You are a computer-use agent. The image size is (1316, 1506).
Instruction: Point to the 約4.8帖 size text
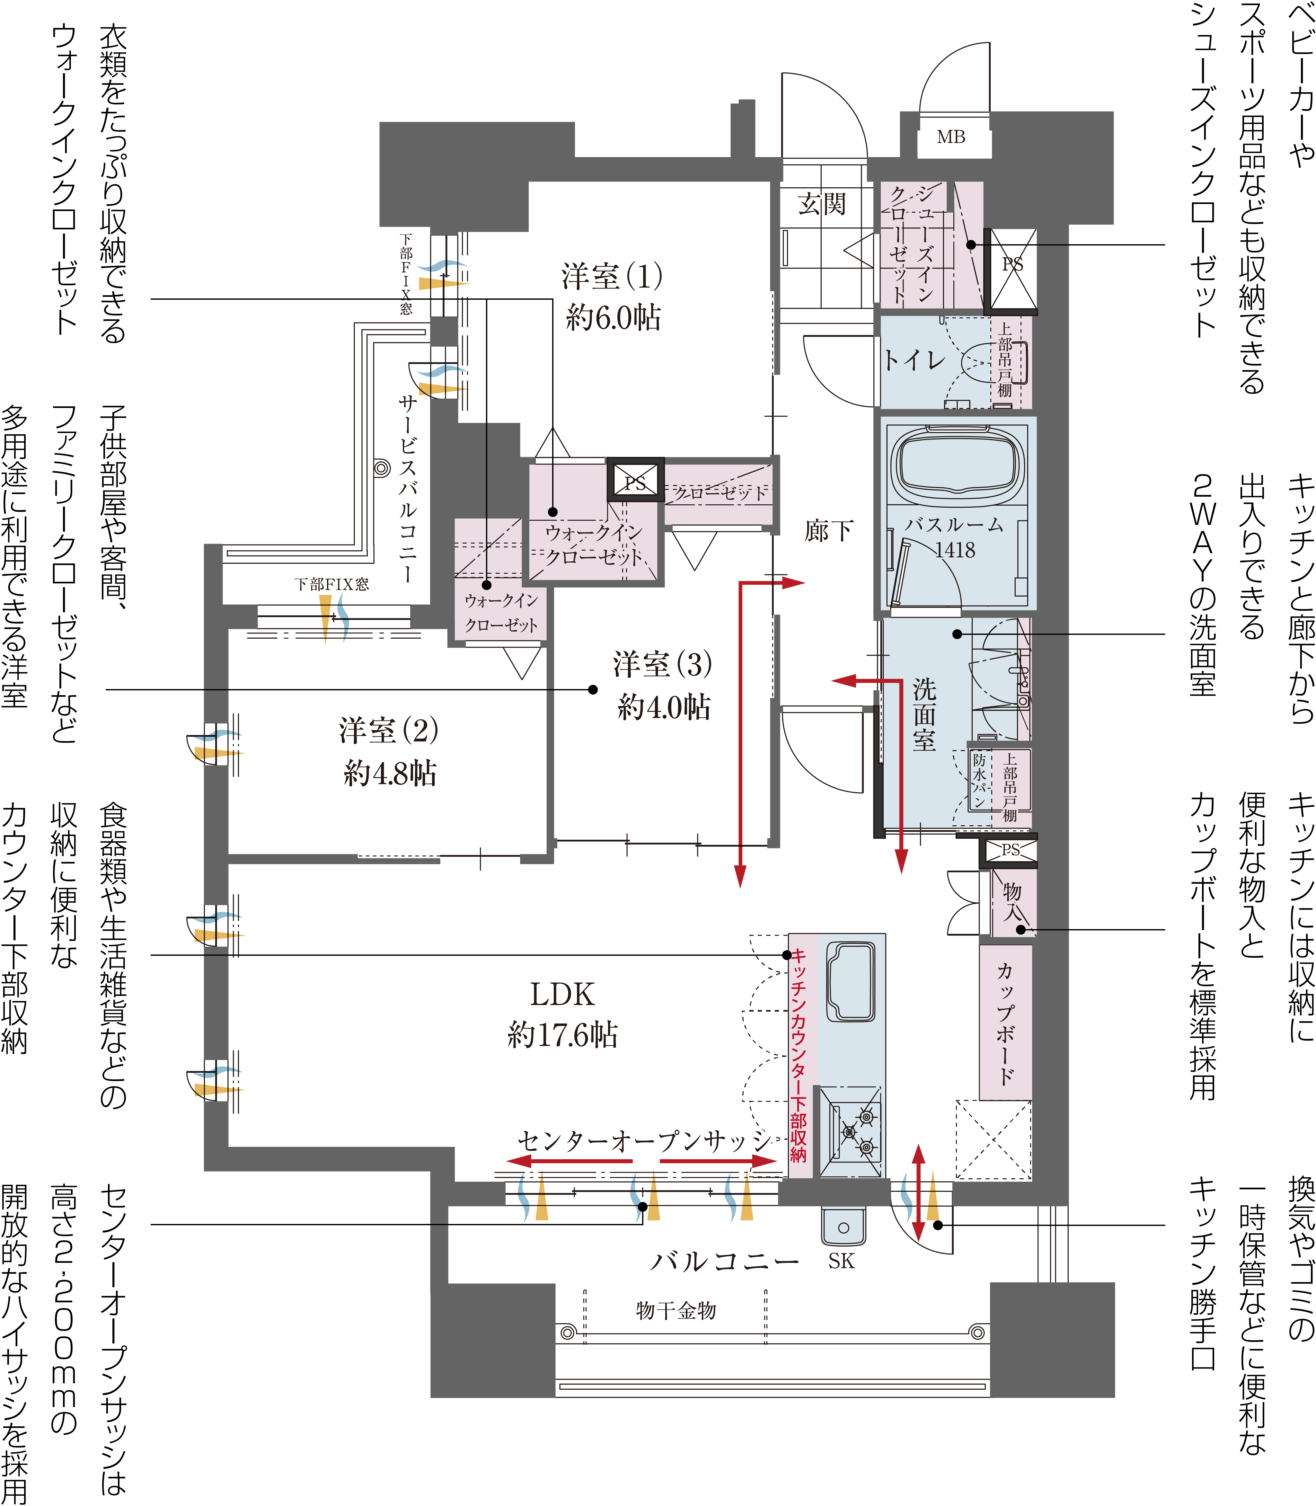[x=390, y=773]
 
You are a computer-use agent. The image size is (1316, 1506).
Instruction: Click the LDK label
[x=562, y=994]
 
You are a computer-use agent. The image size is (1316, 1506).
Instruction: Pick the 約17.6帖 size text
[x=562, y=1035]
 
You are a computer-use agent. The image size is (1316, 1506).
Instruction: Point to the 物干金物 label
[x=676, y=1311]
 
